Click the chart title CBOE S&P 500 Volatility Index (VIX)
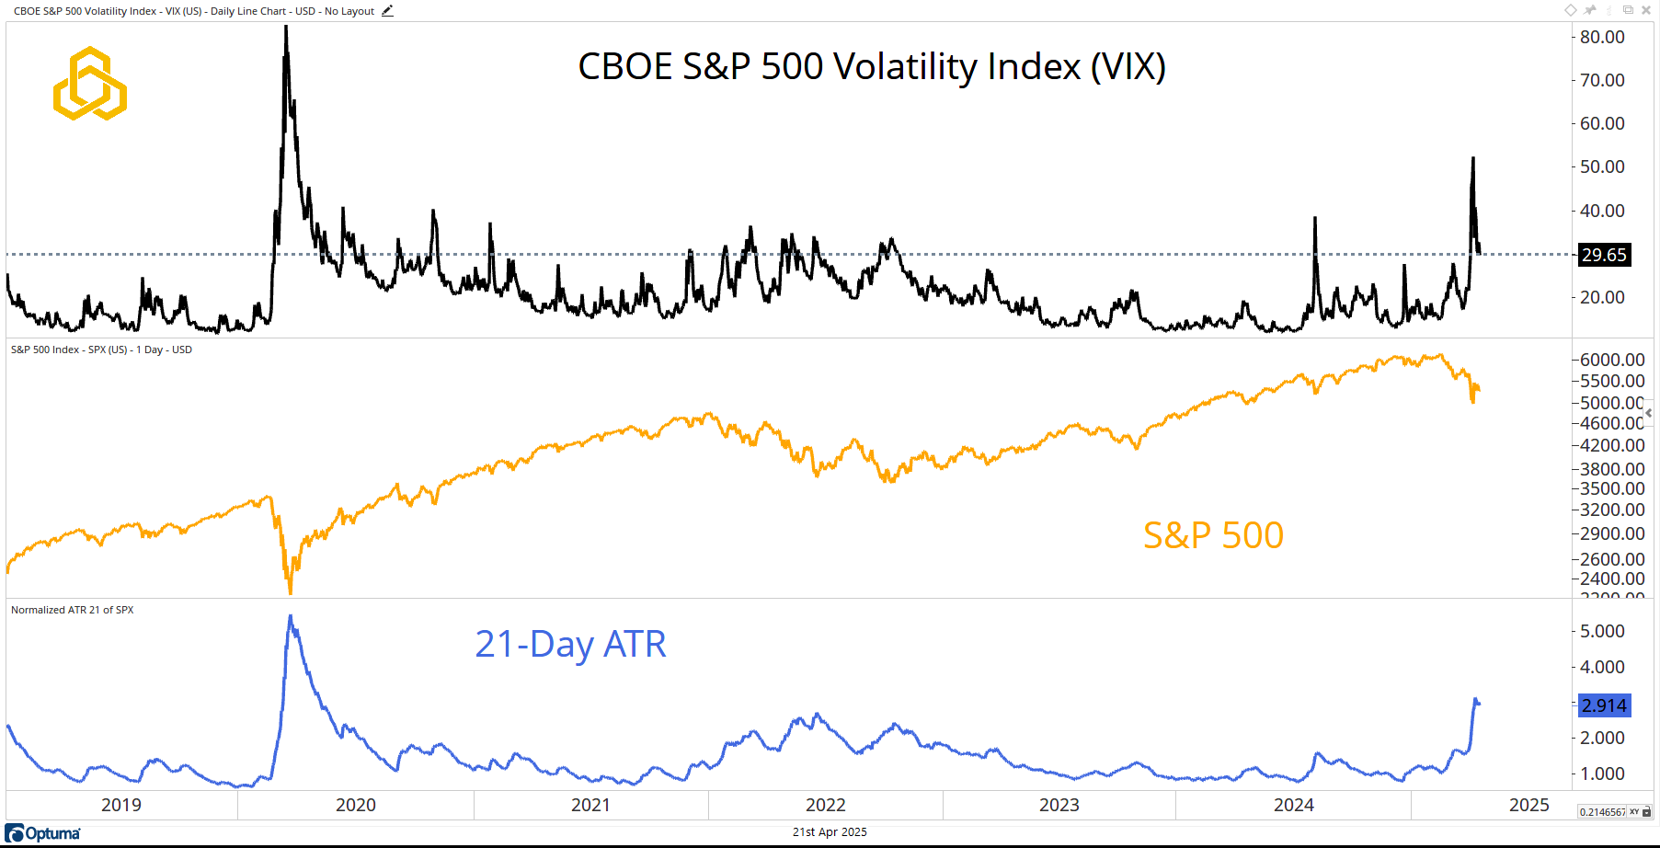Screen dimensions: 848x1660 [871, 67]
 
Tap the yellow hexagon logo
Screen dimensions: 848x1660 [89, 84]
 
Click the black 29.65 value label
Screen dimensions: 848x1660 [1604, 255]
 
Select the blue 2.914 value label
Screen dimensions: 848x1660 [1604, 705]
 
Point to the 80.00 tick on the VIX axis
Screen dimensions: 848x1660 [1602, 37]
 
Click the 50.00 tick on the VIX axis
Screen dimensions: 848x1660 [1602, 166]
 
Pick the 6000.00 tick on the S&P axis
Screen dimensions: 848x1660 [1611, 360]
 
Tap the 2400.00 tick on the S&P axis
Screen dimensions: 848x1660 [1611, 579]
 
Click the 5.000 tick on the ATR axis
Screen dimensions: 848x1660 [1602, 631]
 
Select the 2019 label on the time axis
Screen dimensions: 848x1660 [121, 805]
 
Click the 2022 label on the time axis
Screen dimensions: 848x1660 [825, 805]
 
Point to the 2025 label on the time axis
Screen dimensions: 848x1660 [1528, 805]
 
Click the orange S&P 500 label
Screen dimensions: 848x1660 [1213, 535]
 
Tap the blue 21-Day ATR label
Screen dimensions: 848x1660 [570, 644]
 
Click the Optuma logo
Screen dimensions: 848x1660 [43, 833]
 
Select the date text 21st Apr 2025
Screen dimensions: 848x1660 [830, 832]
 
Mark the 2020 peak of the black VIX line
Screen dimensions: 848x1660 [286, 28]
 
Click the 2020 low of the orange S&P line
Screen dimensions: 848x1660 [290, 591]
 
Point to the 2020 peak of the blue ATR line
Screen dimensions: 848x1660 [291, 616]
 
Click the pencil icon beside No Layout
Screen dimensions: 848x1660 [387, 11]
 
